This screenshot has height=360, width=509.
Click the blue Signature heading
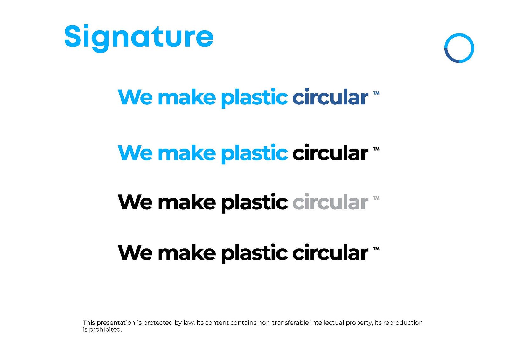pyautogui.click(x=139, y=38)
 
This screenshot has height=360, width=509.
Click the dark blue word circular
pyautogui.click(x=330, y=97)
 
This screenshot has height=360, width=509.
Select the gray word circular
pyautogui.click(x=330, y=202)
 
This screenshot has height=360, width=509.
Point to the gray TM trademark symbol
pyautogui.click(x=376, y=198)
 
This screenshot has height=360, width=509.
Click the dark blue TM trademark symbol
pyautogui.click(x=376, y=93)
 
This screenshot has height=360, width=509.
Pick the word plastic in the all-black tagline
pyautogui.click(x=254, y=254)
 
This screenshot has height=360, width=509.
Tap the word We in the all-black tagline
pyautogui.click(x=135, y=253)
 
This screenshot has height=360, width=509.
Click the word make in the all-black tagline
pyautogui.click(x=186, y=252)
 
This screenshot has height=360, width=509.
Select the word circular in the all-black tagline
pyautogui.click(x=330, y=252)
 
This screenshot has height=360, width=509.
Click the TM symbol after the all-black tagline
pyautogui.click(x=376, y=249)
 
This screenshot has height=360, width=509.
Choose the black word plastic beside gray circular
pyautogui.click(x=254, y=203)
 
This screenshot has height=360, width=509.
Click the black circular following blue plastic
pyautogui.click(x=330, y=152)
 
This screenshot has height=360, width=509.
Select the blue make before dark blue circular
pyautogui.click(x=186, y=97)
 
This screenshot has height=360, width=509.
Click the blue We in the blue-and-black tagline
pyautogui.click(x=135, y=153)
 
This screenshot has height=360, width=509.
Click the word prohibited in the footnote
pyautogui.click(x=105, y=330)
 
